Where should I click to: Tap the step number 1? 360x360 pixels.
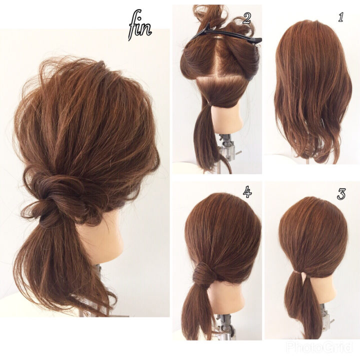click(340, 17)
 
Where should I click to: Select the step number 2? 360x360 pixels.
click(247, 18)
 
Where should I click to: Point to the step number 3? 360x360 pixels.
click(341, 194)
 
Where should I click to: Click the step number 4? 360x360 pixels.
click(247, 192)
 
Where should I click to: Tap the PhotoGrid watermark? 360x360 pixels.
click(319, 346)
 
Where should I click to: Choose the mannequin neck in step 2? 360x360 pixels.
click(226, 119)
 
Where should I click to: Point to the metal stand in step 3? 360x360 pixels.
click(325, 319)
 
